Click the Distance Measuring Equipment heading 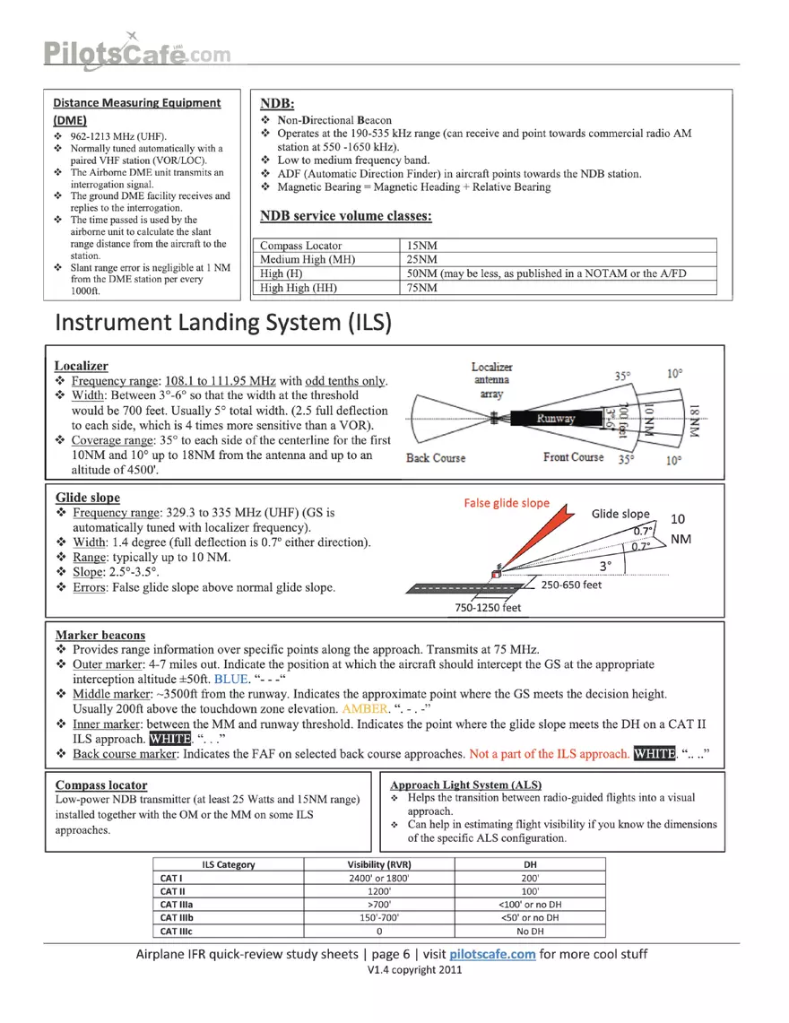click(136, 103)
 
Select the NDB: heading click(277, 103)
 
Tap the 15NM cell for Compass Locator click(422, 246)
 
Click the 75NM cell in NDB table click(422, 288)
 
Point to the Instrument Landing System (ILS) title click(222, 323)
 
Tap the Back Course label click(436, 457)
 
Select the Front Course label click(574, 457)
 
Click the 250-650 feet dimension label click(579, 585)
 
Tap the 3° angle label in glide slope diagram click(606, 566)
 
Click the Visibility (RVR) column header click(378, 864)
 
